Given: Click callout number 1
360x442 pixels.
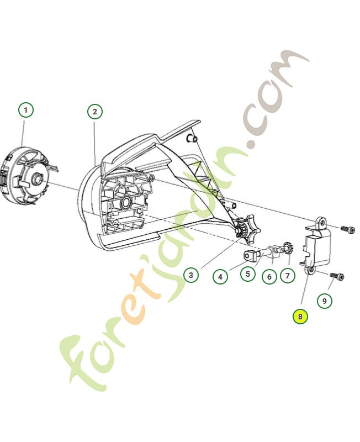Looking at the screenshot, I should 25,110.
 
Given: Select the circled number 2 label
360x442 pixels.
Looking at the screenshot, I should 95,112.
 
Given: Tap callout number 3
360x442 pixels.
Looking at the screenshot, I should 190,275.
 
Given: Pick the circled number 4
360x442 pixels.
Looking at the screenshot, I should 220,276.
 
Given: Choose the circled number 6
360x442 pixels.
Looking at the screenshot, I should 269,275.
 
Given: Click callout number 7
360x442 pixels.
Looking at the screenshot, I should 288,275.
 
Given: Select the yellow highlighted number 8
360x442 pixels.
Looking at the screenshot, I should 300,317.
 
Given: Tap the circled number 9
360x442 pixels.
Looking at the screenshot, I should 324,301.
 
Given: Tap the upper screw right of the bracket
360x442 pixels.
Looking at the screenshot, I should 346,229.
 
